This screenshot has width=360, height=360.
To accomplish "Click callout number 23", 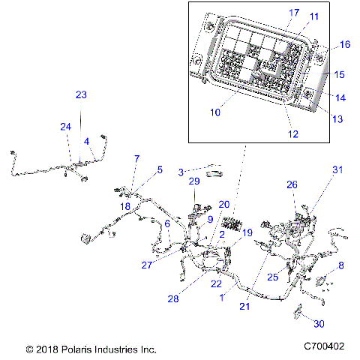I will pyautogui.click(x=81, y=94).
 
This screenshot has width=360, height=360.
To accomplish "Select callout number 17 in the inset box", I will pyautogui.click(x=272, y=13).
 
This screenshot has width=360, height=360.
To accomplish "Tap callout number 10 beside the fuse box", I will pyautogui.click(x=215, y=112).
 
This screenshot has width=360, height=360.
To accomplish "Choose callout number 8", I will pyautogui.click(x=341, y=265).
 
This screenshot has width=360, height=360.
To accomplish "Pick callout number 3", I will pyautogui.click(x=181, y=172).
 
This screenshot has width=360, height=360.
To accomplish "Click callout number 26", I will pyautogui.click(x=292, y=184).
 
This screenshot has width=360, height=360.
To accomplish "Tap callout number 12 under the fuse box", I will pyautogui.click(x=293, y=134).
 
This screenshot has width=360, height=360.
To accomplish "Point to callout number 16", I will pyautogui.click(x=345, y=45).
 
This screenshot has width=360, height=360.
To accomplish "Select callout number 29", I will pyautogui.click(x=193, y=181).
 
